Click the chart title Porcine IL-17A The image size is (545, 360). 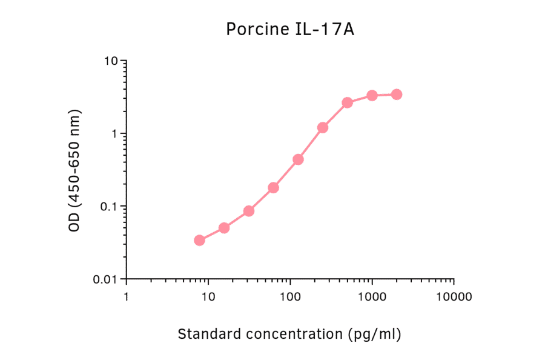click(x=290, y=29)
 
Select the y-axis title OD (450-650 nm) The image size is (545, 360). click(x=74, y=171)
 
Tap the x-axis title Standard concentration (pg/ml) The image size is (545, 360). click(x=289, y=333)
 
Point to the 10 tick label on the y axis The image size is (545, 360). click(x=110, y=61)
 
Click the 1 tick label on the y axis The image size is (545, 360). click(x=114, y=134)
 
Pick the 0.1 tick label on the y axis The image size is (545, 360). click(x=108, y=207)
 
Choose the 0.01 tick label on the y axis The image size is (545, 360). click(x=106, y=279)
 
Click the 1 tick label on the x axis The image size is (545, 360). click(x=126, y=298)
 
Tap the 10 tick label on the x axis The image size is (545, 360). click(x=208, y=298)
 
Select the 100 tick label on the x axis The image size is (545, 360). click(x=290, y=298)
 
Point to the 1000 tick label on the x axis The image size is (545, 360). click(x=372, y=298)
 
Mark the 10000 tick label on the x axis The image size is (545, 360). click(x=454, y=298)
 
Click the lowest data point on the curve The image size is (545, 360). click(x=199, y=241)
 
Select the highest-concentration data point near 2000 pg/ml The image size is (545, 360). click(x=397, y=95)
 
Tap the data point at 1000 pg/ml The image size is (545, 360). click(x=372, y=96)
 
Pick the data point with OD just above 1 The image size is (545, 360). click(x=323, y=128)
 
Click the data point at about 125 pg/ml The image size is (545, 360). click(x=298, y=159)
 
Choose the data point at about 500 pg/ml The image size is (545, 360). click(x=347, y=103)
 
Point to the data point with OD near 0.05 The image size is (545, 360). click(x=224, y=228)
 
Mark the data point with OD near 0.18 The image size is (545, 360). click(x=273, y=188)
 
